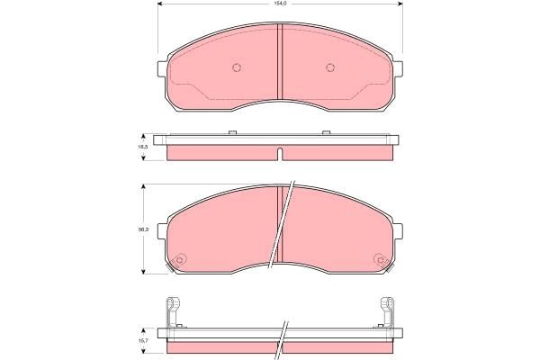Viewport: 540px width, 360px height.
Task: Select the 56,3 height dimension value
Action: tap(142, 230)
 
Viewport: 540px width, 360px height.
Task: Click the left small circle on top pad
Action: tap(237, 67)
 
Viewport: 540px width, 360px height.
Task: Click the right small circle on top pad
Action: tap(329, 67)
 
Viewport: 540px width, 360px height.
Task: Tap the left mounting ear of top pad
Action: tap(162, 70)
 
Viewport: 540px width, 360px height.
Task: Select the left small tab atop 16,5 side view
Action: tap(232, 133)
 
